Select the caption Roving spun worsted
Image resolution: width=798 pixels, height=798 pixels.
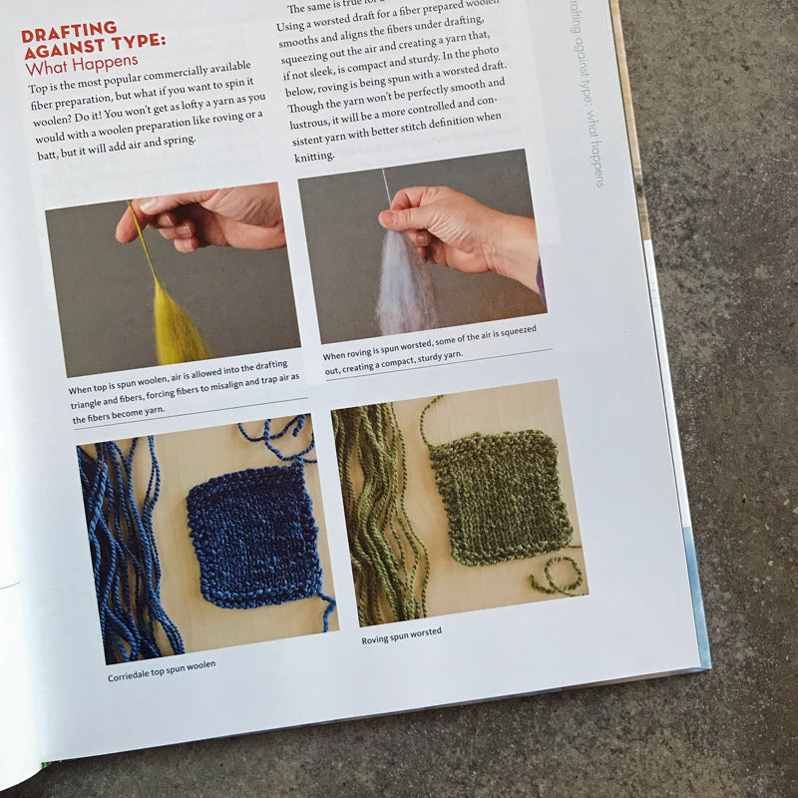pos(401,635)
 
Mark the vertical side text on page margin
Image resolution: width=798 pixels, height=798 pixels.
pos(588,95)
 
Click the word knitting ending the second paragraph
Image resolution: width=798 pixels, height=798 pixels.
pos(316,157)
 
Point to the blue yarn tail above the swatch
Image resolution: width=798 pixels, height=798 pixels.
pos(279,439)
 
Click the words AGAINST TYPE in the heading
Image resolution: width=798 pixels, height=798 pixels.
pos(95,49)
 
